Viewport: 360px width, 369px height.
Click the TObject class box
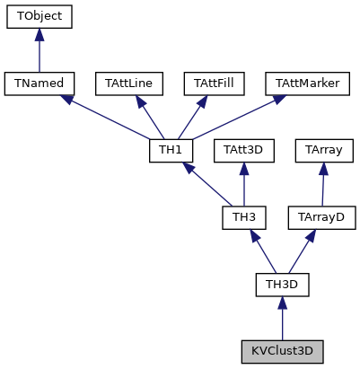click(39, 16)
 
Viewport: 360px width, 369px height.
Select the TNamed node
click(39, 83)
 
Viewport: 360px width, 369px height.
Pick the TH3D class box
click(283, 284)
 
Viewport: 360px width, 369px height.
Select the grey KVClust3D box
click(283, 350)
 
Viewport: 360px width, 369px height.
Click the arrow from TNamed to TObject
click(39, 52)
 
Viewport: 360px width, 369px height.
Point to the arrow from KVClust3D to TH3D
click(283, 319)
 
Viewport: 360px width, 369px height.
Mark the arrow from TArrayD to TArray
click(322, 185)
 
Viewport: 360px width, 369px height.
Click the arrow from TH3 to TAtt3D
click(243, 185)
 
